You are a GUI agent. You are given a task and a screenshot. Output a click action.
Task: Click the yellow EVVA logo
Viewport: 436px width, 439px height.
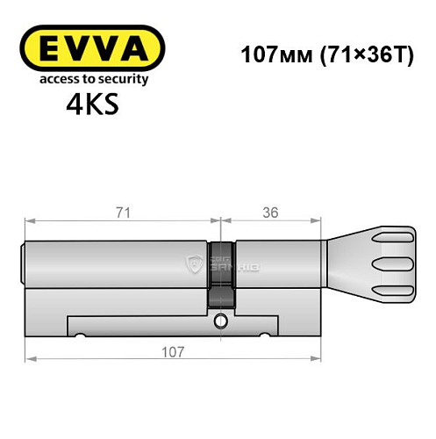click(x=91, y=49)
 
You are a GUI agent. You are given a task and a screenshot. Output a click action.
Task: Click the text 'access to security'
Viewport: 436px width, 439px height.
click(x=90, y=80)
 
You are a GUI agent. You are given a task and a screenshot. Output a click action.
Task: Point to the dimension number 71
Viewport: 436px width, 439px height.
click(x=122, y=212)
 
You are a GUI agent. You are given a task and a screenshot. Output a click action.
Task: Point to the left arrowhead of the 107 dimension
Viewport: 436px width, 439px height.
click(x=29, y=358)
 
